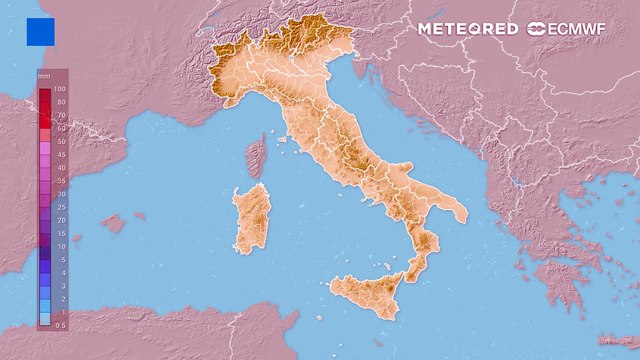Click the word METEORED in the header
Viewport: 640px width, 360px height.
[x=467, y=29]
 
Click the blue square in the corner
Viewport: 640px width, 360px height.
[x=41, y=31]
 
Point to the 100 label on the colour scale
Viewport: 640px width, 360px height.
[x=59, y=89]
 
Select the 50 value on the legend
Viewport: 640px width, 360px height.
[x=59, y=141]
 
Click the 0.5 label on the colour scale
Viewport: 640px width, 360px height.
[x=61, y=324]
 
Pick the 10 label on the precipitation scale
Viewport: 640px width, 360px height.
[x=59, y=246]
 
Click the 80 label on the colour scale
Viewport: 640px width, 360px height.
[x=59, y=102]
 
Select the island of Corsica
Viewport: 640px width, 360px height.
[x=255, y=155]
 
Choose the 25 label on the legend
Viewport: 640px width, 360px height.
[x=59, y=206]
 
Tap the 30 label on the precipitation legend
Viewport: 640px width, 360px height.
[x=59, y=193]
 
